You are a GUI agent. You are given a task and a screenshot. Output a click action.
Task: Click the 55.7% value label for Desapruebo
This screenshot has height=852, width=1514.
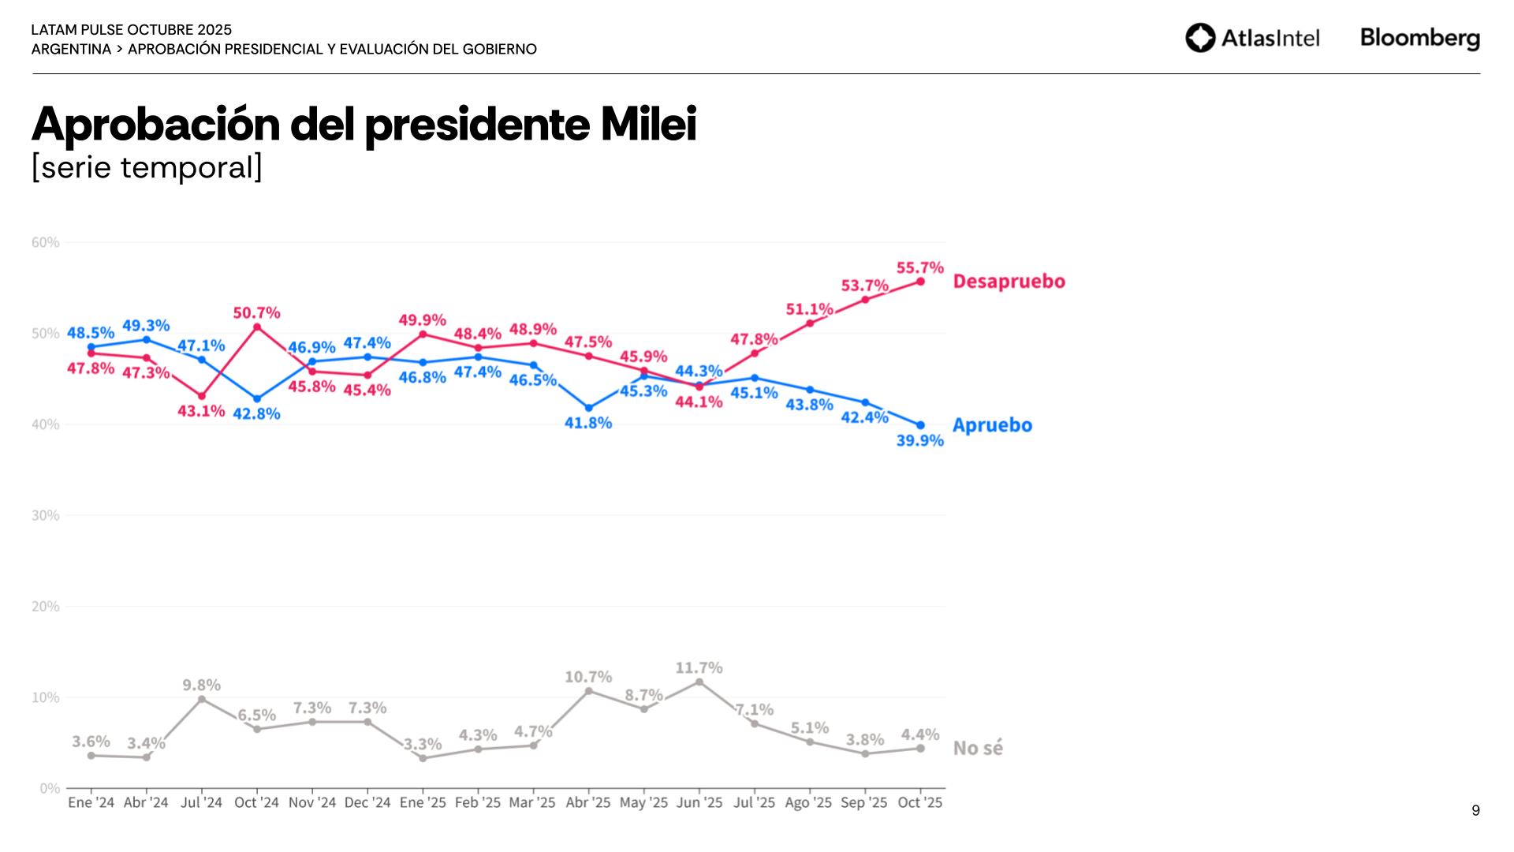(x=919, y=268)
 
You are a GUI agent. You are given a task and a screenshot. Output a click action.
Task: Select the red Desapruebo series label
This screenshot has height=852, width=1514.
(x=1009, y=282)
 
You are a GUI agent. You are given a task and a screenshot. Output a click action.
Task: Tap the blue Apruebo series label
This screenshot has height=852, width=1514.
(x=992, y=425)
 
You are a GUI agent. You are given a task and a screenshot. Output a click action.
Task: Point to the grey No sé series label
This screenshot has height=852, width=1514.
(x=978, y=748)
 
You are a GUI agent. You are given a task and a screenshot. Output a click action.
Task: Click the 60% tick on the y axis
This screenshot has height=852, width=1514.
(x=46, y=242)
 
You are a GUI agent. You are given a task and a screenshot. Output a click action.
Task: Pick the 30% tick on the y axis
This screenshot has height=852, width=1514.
(x=46, y=515)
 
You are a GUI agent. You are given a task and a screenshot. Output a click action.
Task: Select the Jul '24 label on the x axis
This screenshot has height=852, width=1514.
(x=202, y=803)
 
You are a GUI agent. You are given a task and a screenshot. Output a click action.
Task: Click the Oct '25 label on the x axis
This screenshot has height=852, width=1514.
(x=920, y=803)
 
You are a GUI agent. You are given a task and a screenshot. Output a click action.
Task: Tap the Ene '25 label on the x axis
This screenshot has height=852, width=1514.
(x=423, y=803)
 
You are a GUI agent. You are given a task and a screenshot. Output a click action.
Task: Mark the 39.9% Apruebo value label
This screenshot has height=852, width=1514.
(x=919, y=441)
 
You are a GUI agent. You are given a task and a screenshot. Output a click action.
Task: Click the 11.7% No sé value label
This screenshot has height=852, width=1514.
(x=699, y=668)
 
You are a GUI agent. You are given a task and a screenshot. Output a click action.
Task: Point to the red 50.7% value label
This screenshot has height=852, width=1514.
(x=256, y=313)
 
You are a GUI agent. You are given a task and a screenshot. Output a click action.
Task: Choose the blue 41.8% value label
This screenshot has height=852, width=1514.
(x=588, y=424)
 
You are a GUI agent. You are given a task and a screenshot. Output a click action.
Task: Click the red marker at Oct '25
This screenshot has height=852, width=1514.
(x=920, y=282)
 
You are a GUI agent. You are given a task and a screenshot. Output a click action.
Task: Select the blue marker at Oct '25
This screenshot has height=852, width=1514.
(x=920, y=425)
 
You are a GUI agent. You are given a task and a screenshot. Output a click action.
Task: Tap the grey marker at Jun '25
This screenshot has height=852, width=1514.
(x=699, y=682)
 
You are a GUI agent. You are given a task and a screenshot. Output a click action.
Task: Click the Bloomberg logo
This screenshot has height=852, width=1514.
(x=1419, y=38)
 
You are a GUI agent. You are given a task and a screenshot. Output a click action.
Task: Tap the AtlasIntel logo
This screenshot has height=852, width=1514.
(x=1252, y=38)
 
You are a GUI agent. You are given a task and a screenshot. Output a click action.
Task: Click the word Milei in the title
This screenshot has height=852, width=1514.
(x=648, y=124)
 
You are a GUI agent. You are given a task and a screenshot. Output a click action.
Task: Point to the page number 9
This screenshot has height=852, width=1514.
(x=1475, y=810)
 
